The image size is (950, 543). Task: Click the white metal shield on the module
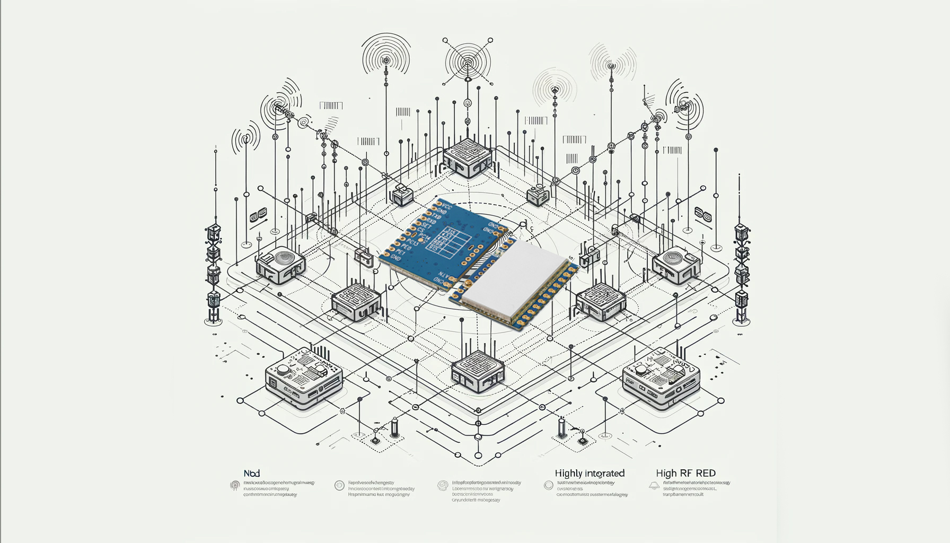[x=514, y=279]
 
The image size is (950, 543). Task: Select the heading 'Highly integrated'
[x=590, y=473]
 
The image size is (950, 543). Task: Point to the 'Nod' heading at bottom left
[x=252, y=473]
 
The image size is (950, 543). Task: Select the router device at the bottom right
[x=661, y=378]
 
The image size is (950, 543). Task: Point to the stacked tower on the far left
[x=213, y=273]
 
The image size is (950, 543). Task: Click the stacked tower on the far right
[x=741, y=273]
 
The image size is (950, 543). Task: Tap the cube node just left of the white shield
[x=357, y=302]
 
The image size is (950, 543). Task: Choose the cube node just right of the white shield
[x=601, y=301]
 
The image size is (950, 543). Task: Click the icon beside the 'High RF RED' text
[x=654, y=485]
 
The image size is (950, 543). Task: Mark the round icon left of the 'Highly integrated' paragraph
[x=549, y=485]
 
